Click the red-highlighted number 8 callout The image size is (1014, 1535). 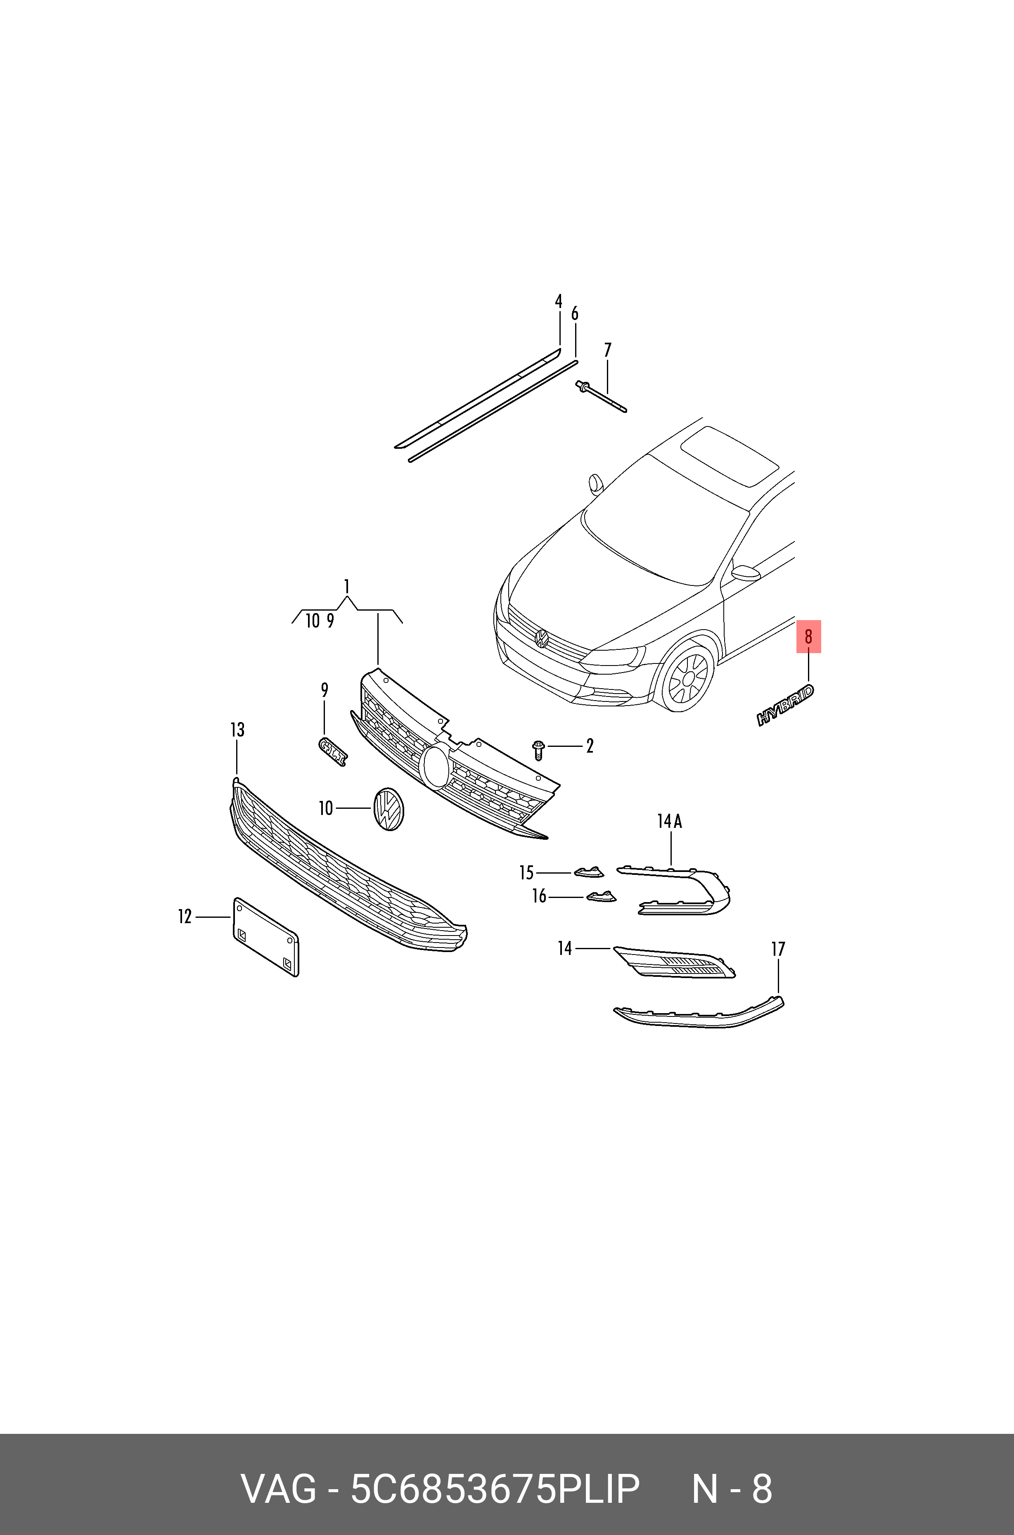tap(808, 637)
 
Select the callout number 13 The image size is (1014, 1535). tap(237, 730)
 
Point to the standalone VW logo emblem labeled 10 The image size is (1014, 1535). tap(389, 809)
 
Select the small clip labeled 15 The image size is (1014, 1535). tap(587, 872)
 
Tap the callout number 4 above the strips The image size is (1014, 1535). tap(559, 301)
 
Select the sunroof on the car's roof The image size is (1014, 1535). tap(731, 456)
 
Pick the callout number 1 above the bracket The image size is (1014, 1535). tap(347, 586)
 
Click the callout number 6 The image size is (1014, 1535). tap(574, 314)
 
